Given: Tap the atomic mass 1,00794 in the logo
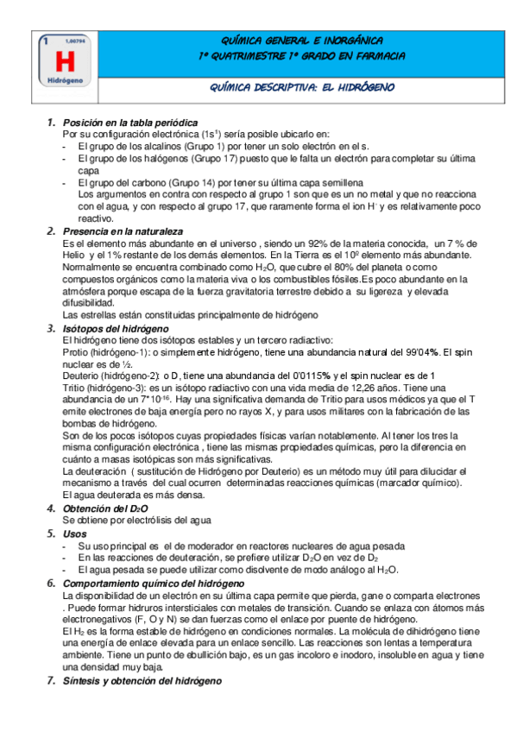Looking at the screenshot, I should tap(75, 41).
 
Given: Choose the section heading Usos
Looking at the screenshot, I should tap(75, 534).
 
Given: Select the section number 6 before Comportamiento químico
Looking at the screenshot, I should tap(50, 584).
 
